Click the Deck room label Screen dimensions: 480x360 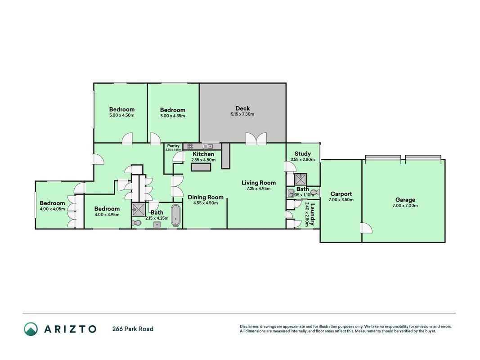[x=242, y=108]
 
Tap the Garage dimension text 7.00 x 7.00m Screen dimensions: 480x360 [x=405, y=206]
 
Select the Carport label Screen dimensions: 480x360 [x=341, y=194]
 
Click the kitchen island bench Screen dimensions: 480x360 [x=201, y=167]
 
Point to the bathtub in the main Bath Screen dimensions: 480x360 [x=176, y=216]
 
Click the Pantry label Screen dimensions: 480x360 [x=173, y=146]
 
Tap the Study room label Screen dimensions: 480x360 [x=302, y=153]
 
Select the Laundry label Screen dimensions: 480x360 [x=312, y=214]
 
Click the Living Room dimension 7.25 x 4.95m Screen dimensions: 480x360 [x=258, y=189]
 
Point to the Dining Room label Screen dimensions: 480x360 [x=206, y=198]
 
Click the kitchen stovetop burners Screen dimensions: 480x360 [x=190, y=146]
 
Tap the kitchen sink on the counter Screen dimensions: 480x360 [x=208, y=146]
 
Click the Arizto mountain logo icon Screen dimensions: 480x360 [x=31, y=329]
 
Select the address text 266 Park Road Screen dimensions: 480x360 [x=133, y=329]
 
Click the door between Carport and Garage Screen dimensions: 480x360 [x=366, y=228]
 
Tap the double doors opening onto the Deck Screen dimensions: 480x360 [x=256, y=139]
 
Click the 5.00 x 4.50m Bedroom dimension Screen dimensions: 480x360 [x=122, y=115]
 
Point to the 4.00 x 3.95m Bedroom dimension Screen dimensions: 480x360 [x=107, y=215]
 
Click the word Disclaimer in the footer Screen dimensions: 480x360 [x=249, y=327]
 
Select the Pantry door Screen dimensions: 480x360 [x=179, y=157]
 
